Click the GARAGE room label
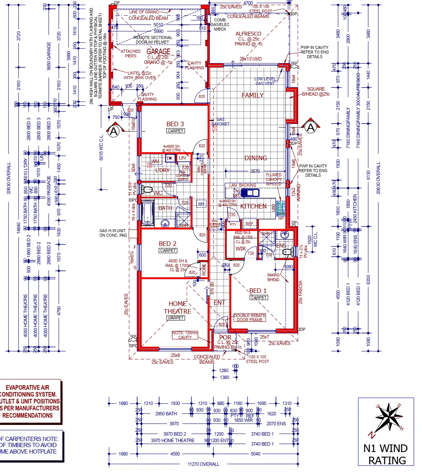coord(158,52)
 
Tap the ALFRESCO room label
coord(248,34)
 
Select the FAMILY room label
coord(252,95)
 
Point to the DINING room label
coord(255,158)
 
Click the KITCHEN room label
coord(253,206)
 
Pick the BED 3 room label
coord(175,124)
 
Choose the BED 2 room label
coord(167,244)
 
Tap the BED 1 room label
coord(258,291)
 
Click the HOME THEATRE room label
coord(177,307)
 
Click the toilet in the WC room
coord(147,190)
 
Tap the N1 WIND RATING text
coord(386,454)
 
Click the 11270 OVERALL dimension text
coord(203,464)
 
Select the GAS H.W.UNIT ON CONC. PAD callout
coord(113,233)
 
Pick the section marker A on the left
coord(114,131)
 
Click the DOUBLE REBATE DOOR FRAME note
coord(250,317)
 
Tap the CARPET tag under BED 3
coord(175,131)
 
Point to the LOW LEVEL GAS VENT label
coord(265,81)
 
